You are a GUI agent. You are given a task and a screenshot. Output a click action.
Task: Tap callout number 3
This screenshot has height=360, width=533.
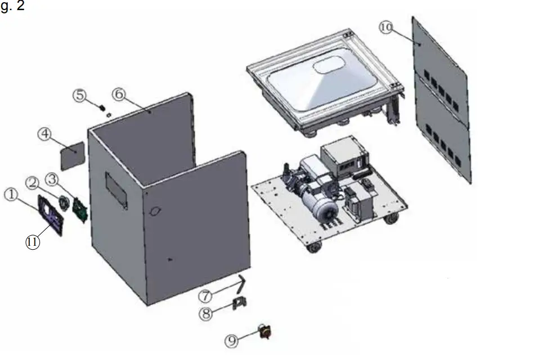52,179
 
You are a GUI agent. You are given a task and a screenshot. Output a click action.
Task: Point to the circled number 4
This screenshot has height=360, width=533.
45,134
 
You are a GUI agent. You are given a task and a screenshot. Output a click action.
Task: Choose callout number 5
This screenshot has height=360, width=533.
80,95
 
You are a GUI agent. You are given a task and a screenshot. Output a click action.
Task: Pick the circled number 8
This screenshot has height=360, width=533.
207,313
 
